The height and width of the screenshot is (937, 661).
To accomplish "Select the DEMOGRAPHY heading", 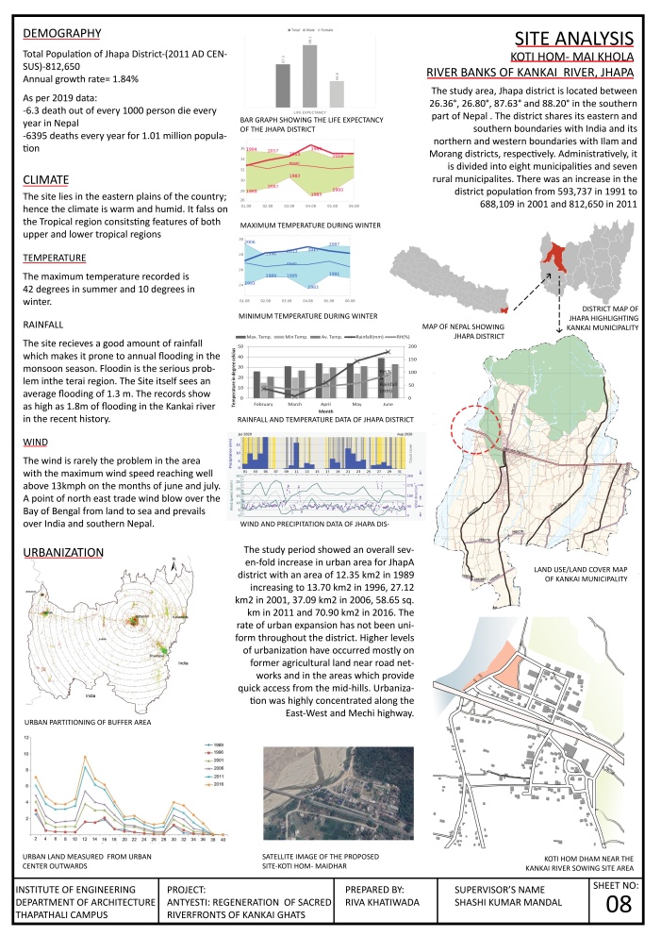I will (x=61, y=34).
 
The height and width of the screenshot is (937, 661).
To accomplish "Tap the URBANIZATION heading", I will (x=64, y=552).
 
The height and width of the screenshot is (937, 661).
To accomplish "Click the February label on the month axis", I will (x=258, y=404).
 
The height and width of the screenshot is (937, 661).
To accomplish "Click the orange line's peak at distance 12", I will (x=86, y=757).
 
